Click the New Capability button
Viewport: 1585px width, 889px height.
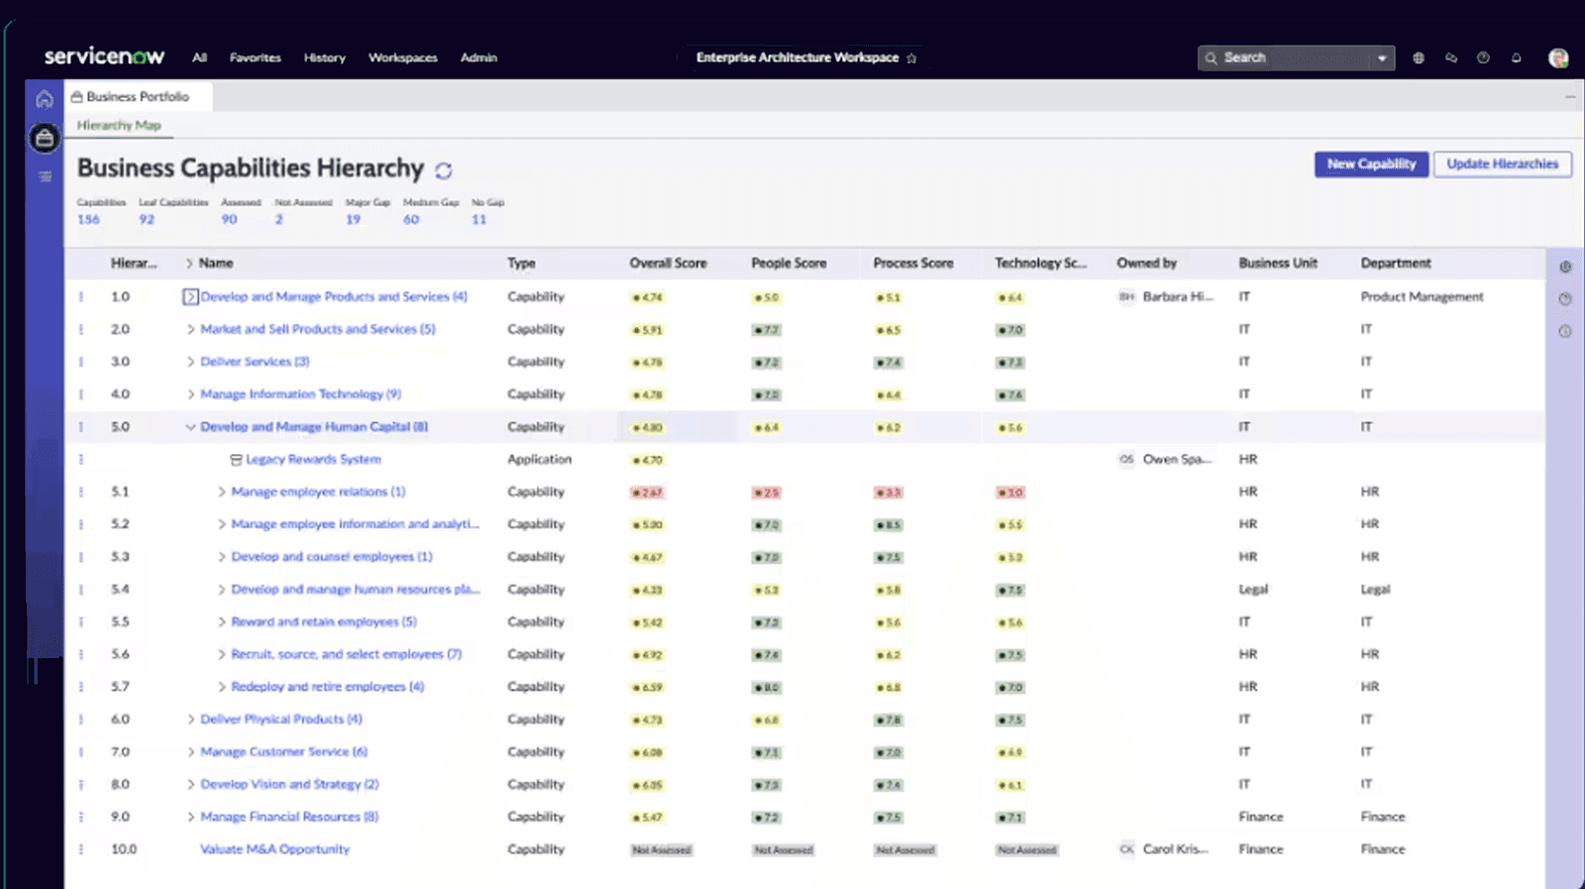[x=1371, y=165]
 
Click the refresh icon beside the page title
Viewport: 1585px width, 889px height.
[x=444, y=170]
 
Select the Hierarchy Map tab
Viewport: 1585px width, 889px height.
[x=119, y=126]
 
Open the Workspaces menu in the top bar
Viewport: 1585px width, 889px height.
[x=402, y=57]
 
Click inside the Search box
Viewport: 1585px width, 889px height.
[x=1288, y=57]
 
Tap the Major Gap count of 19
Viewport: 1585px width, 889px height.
[x=353, y=219]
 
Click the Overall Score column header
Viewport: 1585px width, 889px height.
[x=668, y=264]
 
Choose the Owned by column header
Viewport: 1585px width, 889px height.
[x=1146, y=264]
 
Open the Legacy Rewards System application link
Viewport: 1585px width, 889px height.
[x=313, y=460]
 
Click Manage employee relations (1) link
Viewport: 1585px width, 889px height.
[x=317, y=493]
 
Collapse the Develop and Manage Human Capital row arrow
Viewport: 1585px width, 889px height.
[x=190, y=427]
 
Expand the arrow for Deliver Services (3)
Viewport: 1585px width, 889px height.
[x=190, y=362]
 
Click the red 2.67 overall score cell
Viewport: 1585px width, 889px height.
[x=647, y=493]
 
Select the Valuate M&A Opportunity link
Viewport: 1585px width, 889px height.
[x=274, y=849]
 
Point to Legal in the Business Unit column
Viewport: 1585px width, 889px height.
[x=1253, y=590]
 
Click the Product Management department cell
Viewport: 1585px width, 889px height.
[x=1422, y=297]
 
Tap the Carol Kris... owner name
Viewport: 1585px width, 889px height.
[x=1175, y=849]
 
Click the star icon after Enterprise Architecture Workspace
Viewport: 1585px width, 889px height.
[x=911, y=58]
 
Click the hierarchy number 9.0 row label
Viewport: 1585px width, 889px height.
[x=120, y=817]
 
